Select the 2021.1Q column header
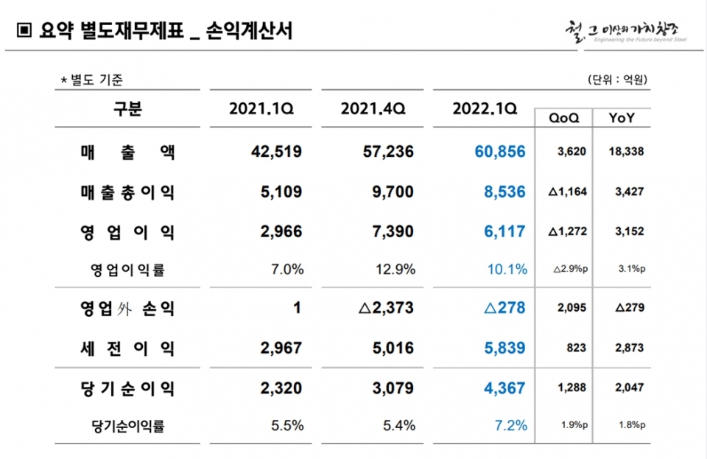coord(261,109)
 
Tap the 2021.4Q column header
coord(373,109)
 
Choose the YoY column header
coord(623,118)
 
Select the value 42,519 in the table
coord(276,153)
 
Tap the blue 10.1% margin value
coord(507,270)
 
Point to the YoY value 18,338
coord(624,153)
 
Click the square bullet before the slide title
coord(24,31)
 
